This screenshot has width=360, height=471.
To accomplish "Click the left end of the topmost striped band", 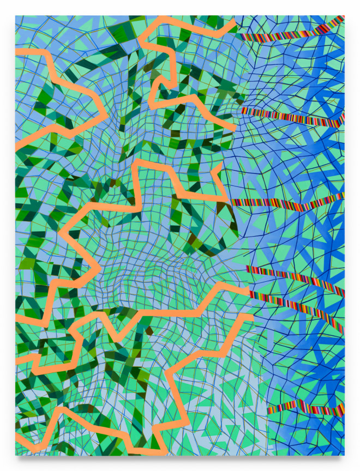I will pos(238,36).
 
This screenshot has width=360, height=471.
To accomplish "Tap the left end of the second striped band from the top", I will pos(243,111).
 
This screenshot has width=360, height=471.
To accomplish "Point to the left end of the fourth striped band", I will pos(247,268).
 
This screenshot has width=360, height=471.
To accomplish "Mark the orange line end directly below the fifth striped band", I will pos(252,317).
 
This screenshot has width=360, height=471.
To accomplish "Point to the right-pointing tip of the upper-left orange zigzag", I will pos(107,115).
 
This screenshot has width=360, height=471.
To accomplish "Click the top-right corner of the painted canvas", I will pos(344,16).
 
